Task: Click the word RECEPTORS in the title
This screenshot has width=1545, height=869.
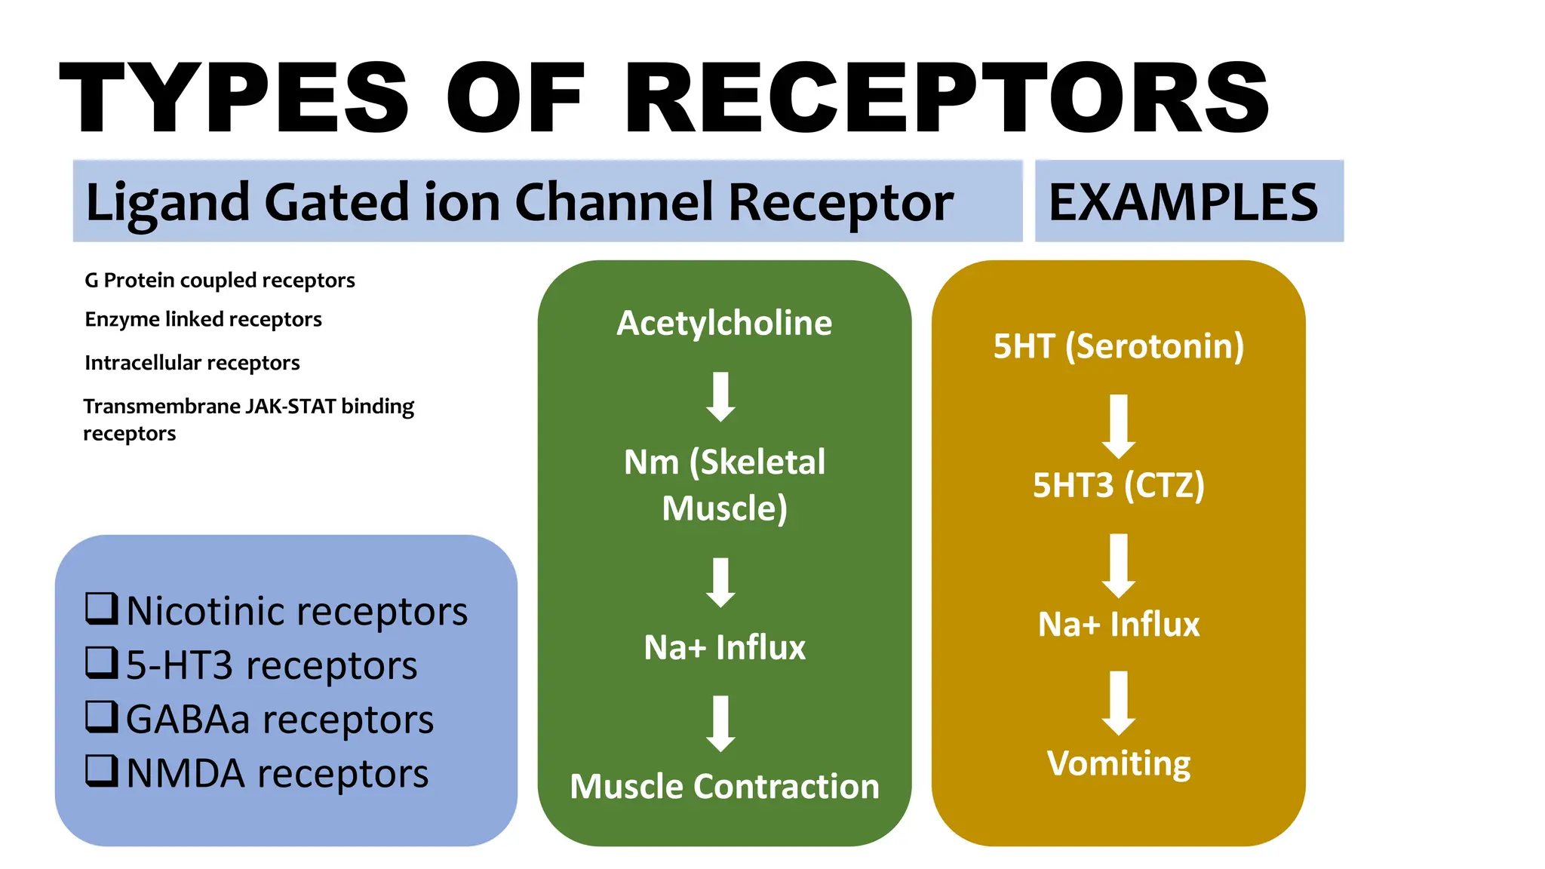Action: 947,98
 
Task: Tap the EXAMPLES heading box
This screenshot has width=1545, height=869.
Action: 1188,201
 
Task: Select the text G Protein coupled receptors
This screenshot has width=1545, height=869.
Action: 220,280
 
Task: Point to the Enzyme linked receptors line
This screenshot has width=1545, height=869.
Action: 203,319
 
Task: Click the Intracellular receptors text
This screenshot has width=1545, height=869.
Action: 192,363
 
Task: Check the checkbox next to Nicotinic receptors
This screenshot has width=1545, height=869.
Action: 101,609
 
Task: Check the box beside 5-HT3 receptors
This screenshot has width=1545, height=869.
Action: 101,663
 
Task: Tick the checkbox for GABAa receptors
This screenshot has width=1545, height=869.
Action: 101,717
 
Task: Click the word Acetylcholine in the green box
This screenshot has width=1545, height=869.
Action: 724,323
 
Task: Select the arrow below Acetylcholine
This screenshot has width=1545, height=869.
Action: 721,396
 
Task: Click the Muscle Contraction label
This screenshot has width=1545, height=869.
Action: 724,786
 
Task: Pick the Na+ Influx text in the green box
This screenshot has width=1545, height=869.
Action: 724,647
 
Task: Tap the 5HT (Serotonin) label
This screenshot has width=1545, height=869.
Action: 1118,346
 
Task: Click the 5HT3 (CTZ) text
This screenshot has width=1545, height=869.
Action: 1118,485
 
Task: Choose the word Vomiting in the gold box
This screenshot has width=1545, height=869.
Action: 1118,763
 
